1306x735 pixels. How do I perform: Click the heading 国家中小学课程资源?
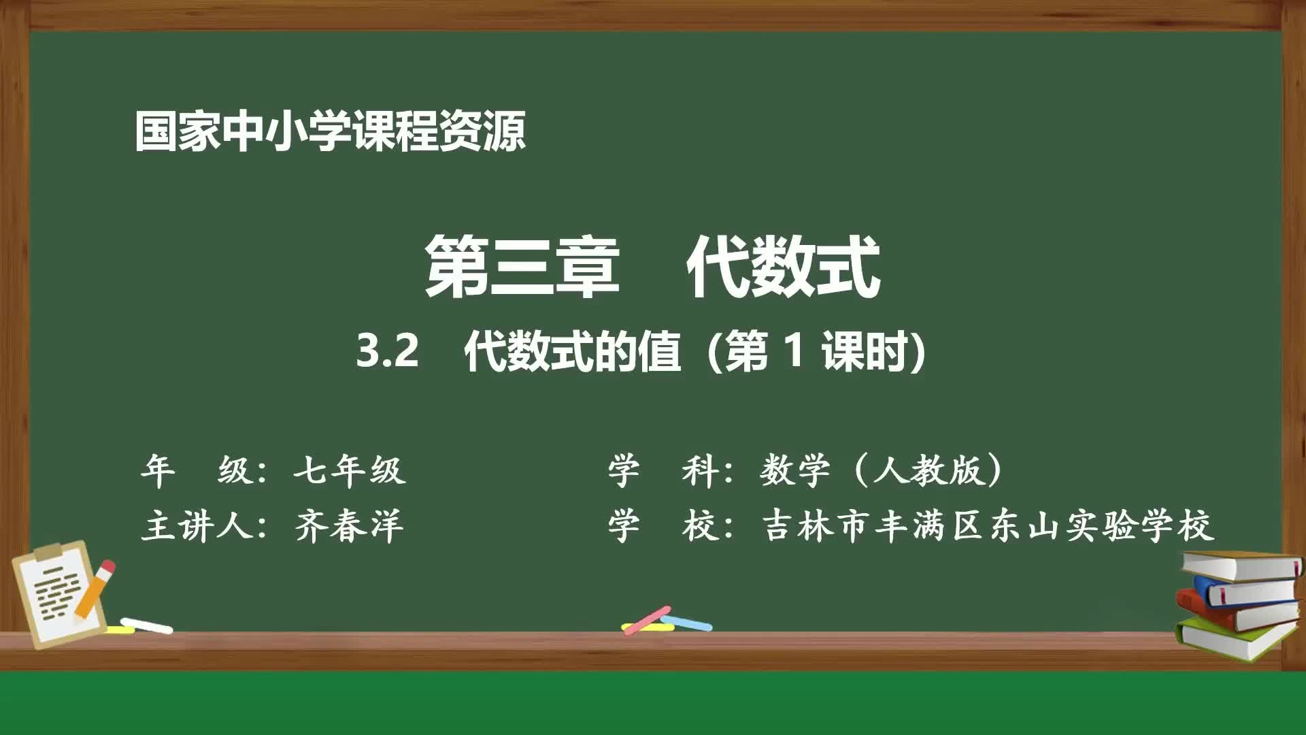pyautogui.click(x=330, y=131)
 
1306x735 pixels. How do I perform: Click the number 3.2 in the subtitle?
pyautogui.click(x=387, y=352)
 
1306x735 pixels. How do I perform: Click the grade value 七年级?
pyautogui.click(x=350, y=470)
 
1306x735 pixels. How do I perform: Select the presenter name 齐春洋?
pyautogui.click(x=350, y=526)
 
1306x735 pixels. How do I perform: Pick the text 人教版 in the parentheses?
pyautogui.click(x=928, y=470)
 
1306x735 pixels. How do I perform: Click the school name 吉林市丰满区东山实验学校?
pyautogui.click(x=988, y=526)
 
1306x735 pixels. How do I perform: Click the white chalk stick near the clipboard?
pyautogui.click(x=147, y=625)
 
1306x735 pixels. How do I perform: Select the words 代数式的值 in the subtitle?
pyautogui.click(x=572, y=352)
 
